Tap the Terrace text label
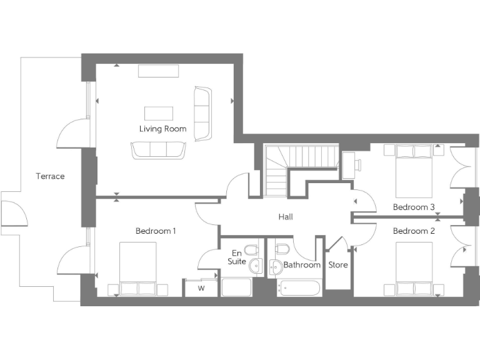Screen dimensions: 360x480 tap(50, 176)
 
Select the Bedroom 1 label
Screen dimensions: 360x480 tap(156, 231)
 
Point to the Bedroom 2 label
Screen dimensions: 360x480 tap(414, 231)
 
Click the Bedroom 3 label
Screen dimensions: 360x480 tap(414, 207)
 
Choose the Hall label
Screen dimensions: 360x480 tap(286, 217)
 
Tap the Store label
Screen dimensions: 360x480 tap(338, 265)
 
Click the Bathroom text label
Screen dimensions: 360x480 tap(302, 265)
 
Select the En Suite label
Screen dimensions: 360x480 tap(236, 257)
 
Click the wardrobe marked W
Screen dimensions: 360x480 tap(201, 288)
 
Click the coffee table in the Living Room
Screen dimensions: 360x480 tap(159, 113)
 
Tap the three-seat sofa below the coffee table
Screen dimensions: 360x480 tap(158, 150)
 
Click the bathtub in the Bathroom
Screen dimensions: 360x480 tap(299, 288)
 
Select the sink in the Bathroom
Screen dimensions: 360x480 tap(276, 267)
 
